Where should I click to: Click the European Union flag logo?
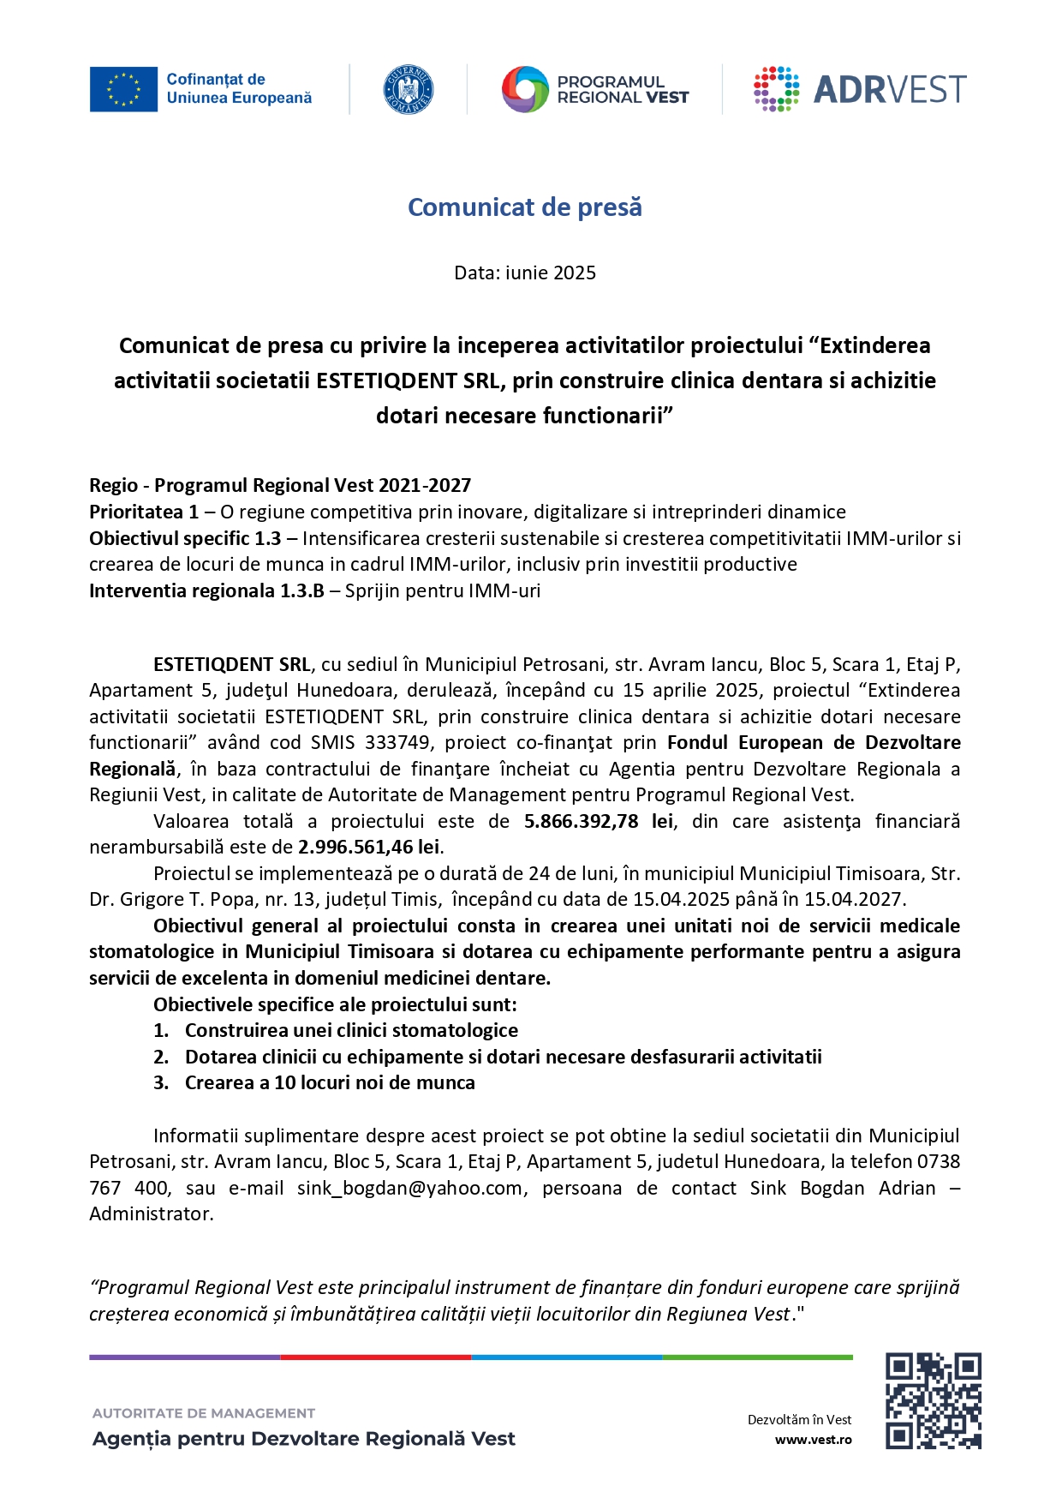[123, 89]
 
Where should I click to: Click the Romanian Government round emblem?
[408, 89]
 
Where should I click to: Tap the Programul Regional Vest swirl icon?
[524, 89]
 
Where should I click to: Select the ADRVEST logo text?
[889, 89]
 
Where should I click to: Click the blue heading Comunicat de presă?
[524, 207]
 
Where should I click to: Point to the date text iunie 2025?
[550, 273]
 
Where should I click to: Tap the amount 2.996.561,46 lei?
[369, 848]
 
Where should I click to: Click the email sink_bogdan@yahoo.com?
[409, 1189]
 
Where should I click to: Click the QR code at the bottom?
[932, 1400]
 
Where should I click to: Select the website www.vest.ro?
[813, 1440]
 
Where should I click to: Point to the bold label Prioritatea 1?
[144, 512]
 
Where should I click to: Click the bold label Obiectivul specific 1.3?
[185, 539]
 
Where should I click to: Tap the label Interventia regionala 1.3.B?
[206, 591]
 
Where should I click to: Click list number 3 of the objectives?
[161, 1083]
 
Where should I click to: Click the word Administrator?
[151, 1214]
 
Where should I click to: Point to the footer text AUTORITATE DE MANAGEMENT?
[204, 1413]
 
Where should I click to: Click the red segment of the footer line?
[375, 1357]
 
